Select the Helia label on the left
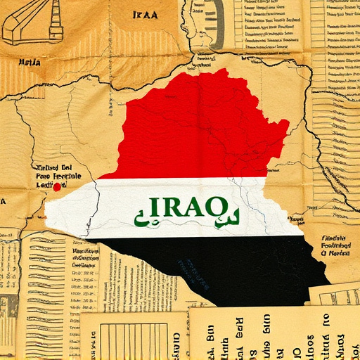29,63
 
